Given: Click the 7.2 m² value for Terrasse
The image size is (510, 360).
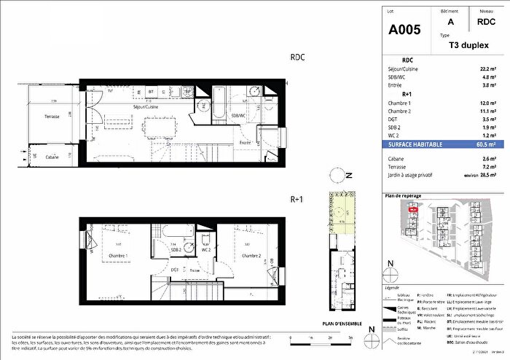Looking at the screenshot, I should tap(491, 167).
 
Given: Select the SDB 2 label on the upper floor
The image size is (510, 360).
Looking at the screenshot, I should tap(176, 250).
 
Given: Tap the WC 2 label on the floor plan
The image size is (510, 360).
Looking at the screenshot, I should tap(206, 250).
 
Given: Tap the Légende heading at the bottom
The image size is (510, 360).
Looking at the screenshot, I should tap(391, 276).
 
